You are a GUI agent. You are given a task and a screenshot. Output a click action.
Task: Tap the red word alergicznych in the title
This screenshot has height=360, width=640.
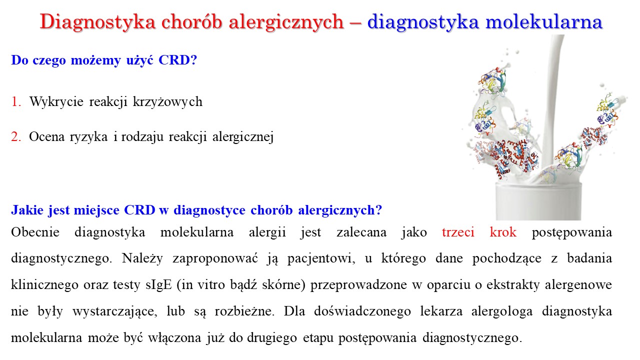[286, 21]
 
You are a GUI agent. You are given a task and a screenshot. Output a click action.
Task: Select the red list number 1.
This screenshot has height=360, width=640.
[16, 101]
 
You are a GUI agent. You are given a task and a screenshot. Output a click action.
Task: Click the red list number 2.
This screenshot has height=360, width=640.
[16, 137]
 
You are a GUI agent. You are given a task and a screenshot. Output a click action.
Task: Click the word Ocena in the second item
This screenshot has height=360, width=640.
[47, 137]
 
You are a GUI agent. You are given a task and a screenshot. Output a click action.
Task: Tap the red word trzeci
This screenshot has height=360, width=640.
[458, 232]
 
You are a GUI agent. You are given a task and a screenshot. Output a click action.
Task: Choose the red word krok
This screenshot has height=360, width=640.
[503, 232]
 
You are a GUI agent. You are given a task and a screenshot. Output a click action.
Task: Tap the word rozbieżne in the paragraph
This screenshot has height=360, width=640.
[244, 311]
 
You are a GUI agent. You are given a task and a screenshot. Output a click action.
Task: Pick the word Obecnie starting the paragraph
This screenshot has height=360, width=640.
[35, 232]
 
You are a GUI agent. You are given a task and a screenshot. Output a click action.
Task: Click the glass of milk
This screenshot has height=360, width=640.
[538, 201]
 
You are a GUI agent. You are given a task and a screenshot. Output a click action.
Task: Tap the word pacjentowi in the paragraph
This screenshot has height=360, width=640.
[321, 258]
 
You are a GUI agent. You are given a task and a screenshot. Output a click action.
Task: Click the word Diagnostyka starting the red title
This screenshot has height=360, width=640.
[97, 21]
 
